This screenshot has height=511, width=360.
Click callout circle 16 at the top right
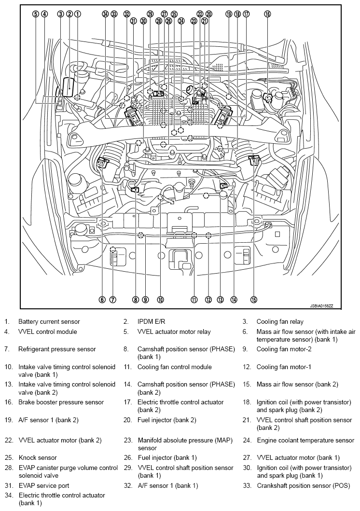pos(267,14)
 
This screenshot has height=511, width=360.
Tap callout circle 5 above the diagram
pos(35,14)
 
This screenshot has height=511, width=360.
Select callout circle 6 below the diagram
pos(102,299)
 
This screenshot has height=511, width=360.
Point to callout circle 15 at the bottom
pos(254,299)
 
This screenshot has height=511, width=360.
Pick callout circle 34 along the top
pos(105,14)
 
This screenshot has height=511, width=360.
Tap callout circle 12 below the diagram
pos(208,299)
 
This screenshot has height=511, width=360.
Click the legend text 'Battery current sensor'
pos(49,321)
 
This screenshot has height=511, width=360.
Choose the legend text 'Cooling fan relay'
pos(280,321)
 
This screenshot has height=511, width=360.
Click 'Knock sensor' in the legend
pos(38,457)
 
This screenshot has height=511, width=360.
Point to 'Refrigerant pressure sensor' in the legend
pos(57,349)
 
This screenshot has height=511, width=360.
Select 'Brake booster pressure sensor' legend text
pos(61,402)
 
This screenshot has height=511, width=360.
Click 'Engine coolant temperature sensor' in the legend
pos(305,441)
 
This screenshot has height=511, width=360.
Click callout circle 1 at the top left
pos(78,14)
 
